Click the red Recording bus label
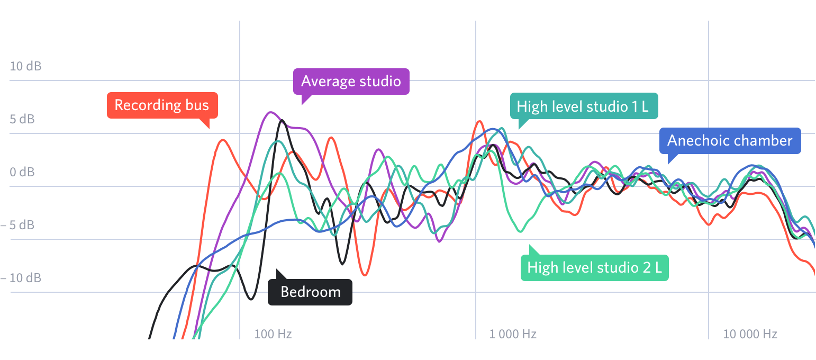[162, 105]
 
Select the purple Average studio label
[351, 82]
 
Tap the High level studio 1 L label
[583, 106]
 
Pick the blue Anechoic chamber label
[730, 141]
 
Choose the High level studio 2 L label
[594, 268]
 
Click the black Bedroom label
[310, 292]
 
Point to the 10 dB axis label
[25, 66]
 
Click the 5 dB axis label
[22, 119]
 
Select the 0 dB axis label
[22, 172]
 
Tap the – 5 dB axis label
[17, 225]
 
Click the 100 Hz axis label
[273, 334]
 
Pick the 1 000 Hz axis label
[513, 334]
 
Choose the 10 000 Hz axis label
[750, 334]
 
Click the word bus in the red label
[197, 105]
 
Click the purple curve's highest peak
[271, 112]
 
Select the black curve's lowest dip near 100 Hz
[251, 300]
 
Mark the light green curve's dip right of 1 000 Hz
[521, 231]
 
